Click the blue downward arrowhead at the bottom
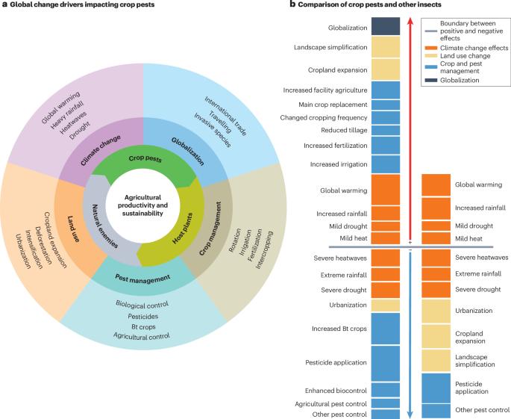pyautogui.click(x=410, y=412)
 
